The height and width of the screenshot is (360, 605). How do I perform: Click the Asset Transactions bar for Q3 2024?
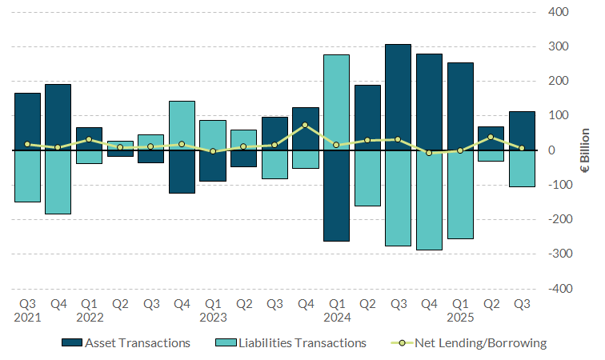[x=398, y=97]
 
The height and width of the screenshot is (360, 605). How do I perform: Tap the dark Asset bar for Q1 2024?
[x=336, y=196]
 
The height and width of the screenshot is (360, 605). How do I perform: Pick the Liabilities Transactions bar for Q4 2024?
[x=429, y=200]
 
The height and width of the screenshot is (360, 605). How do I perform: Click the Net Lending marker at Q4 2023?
[x=305, y=126]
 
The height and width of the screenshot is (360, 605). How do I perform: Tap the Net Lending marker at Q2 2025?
[x=491, y=137]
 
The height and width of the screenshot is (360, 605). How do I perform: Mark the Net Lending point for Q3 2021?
[x=27, y=144]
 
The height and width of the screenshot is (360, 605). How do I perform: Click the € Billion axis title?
[x=585, y=150]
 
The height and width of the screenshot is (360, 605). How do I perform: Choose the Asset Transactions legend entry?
[x=126, y=343]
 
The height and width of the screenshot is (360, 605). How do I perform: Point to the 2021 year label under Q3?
[x=27, y=318]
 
